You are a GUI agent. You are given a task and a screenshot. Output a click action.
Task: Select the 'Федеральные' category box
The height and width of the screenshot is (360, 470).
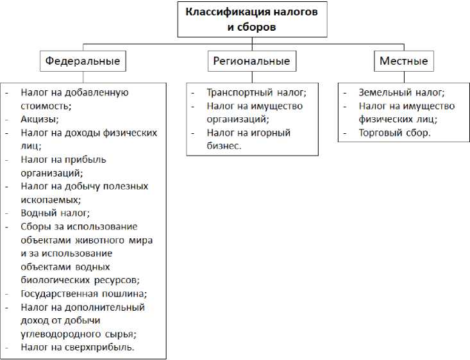(x=83, y=61)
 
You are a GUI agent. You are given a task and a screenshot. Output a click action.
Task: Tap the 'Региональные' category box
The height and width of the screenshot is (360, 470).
(x=251, y=61)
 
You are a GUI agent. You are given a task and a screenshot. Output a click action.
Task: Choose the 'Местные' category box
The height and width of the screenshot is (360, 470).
(x=403, y=61)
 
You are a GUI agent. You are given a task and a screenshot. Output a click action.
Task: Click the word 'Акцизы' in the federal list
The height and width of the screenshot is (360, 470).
(x=39, y=119)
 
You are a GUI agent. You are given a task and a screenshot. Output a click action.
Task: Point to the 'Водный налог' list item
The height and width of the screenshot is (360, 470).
(x=55, y=213)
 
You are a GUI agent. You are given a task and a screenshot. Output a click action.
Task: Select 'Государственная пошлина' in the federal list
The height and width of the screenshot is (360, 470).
(x=83, y=293)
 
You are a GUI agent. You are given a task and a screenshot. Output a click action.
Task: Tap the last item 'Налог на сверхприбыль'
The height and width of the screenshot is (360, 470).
(x=77, y=347)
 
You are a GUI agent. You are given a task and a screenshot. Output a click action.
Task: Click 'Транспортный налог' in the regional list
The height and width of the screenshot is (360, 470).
(x=252, y=92)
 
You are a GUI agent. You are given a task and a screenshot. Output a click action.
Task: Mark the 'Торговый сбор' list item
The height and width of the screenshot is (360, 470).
(x=394, y=133)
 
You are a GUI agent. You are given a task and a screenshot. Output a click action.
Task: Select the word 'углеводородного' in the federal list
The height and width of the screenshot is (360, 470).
(x=58, y=334)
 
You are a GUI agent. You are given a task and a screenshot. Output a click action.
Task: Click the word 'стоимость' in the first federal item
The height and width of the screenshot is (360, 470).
(x=43, y=106)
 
